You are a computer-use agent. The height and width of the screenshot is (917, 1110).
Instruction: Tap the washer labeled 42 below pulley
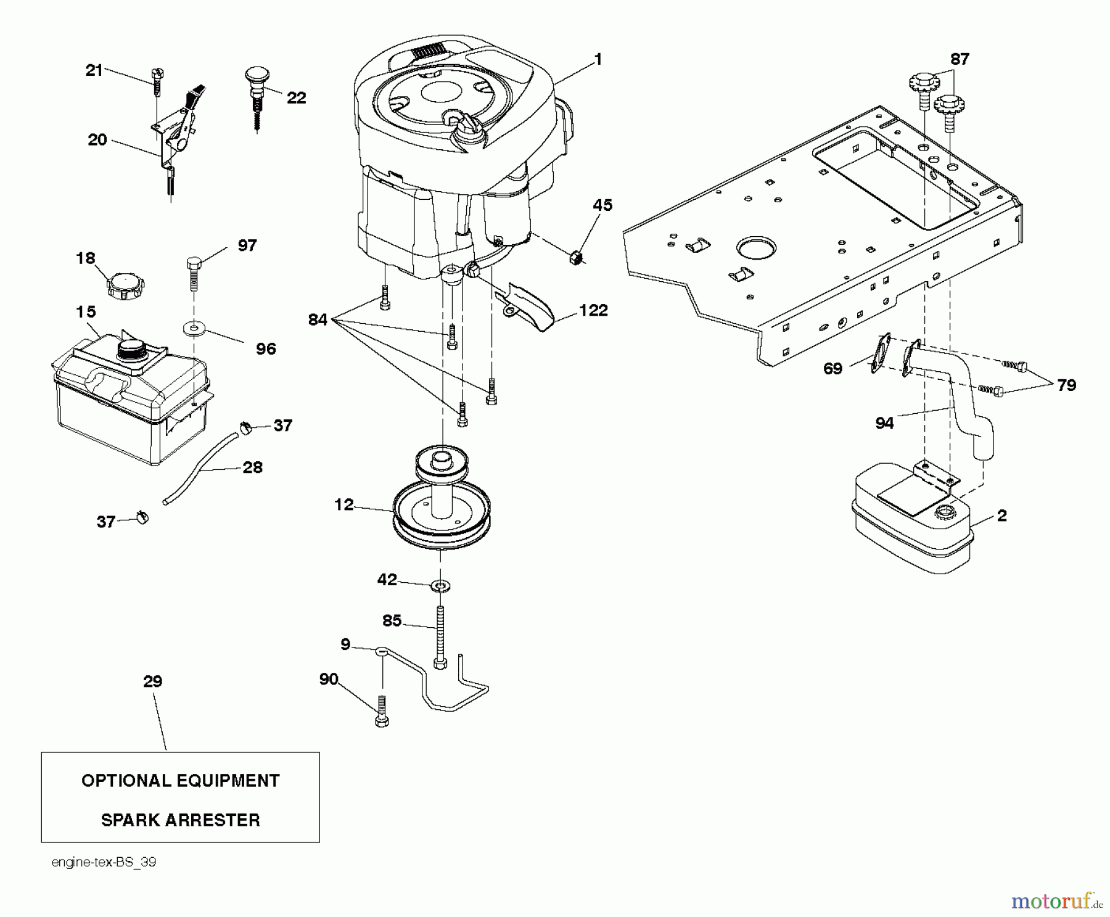pyautogui.click(x=442, y=583)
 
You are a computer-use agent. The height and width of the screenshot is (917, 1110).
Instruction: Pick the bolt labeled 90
pyautogui.click(x=382, y=712)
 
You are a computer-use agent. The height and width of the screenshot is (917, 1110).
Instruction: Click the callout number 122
pyautogui.click(x=593, y=310)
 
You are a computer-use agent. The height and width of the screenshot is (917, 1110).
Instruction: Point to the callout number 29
pyautogui.click(x=152, y=681)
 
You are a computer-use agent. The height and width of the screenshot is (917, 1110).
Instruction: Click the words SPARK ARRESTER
pyautogui.click(x=180, y=820)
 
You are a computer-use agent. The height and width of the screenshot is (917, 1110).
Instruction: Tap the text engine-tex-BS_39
pyautogui.click(x=104, y=862)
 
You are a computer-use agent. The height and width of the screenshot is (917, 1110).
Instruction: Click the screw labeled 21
pyautogui.click(x=157, y=80)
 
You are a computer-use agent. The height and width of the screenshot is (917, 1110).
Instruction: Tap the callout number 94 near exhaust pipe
pyautogui.click(x=884, y=422)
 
